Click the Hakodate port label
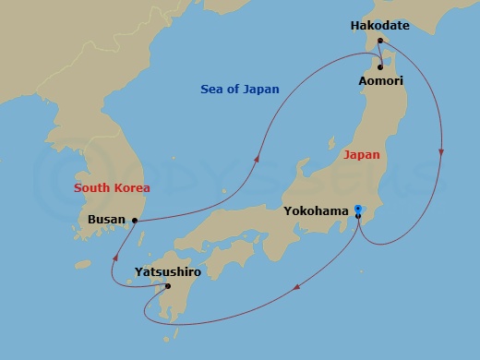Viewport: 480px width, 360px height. click(x=380, y=26)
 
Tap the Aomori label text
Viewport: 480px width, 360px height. click(x=379, y=81)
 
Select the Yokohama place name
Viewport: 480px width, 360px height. click(x=317, y=210)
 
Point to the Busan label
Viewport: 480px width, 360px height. click(x=106, y=220)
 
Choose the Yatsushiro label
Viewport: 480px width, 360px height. click(x=167, y=271)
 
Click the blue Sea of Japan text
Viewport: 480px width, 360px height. click(x=240, y=89)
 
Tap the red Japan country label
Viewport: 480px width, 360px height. click(x=361, y=155)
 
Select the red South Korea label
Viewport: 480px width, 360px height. click(x=112, y=187)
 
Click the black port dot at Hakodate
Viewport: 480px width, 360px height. click(x=380, y=41)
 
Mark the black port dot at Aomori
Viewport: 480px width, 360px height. click(x=379, y=67)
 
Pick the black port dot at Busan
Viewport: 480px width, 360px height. click(x=135, y=220)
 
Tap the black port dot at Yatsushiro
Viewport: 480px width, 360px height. click(x=167, y=285)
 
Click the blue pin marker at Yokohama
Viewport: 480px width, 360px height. click(x=358, y=211)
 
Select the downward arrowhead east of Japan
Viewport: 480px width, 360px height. click(x=442, y=152)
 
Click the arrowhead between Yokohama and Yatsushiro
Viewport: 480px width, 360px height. click(x=295, y=289)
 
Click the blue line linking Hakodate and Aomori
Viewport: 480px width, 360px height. click(x=381, y=54)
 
